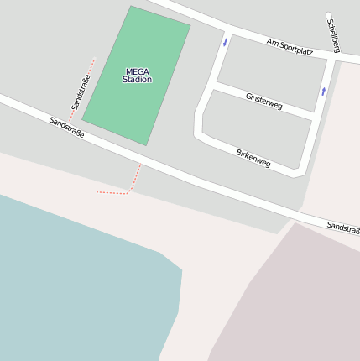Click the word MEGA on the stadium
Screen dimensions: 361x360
coord(137,71)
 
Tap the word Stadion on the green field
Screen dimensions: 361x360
coord(137,80)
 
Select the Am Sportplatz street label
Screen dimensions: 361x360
coord(290,46)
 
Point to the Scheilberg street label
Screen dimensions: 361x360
coord(333,35)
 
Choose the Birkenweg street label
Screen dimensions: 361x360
coord(253,158)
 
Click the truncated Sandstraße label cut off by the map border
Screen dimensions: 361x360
coord(343,227)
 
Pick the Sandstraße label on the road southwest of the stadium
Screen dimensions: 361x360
coord(67,128)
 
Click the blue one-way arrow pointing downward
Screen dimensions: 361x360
coord(225,41)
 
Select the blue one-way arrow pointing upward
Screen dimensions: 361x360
coord(323,91)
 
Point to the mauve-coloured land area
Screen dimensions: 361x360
coord(294,302)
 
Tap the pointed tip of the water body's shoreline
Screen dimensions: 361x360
coord(181,269)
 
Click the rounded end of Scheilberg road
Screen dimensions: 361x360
coord(328,15)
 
